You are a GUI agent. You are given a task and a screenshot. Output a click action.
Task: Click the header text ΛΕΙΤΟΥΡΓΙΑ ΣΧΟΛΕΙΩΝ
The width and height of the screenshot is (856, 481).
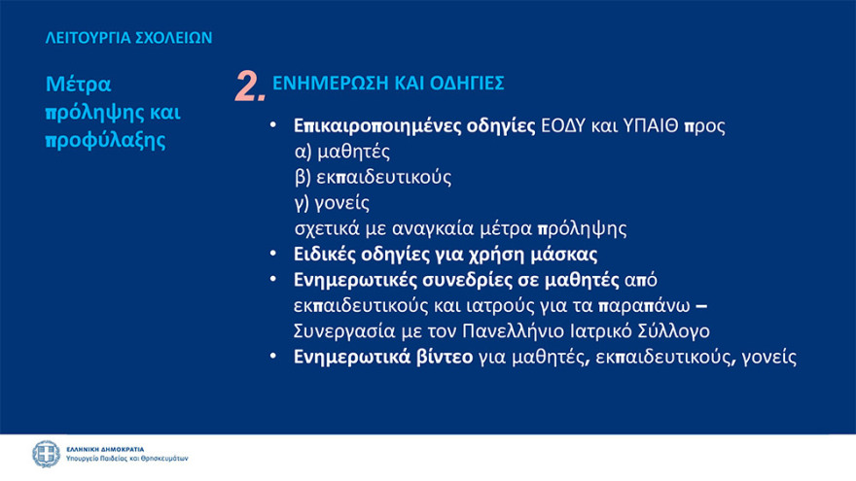tap(129, 39)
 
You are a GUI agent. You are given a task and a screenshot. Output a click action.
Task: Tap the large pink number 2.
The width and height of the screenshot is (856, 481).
tap(250, 86)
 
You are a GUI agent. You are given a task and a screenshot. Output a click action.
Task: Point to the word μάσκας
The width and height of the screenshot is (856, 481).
tap(565, 255)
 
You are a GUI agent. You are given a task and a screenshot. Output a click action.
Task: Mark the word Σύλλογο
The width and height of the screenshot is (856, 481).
tap(673, 330)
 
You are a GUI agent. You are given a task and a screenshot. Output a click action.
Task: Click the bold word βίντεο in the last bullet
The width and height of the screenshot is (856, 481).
tap(442, 357)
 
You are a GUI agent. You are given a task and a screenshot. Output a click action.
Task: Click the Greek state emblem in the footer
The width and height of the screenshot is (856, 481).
tap(46, 454)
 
